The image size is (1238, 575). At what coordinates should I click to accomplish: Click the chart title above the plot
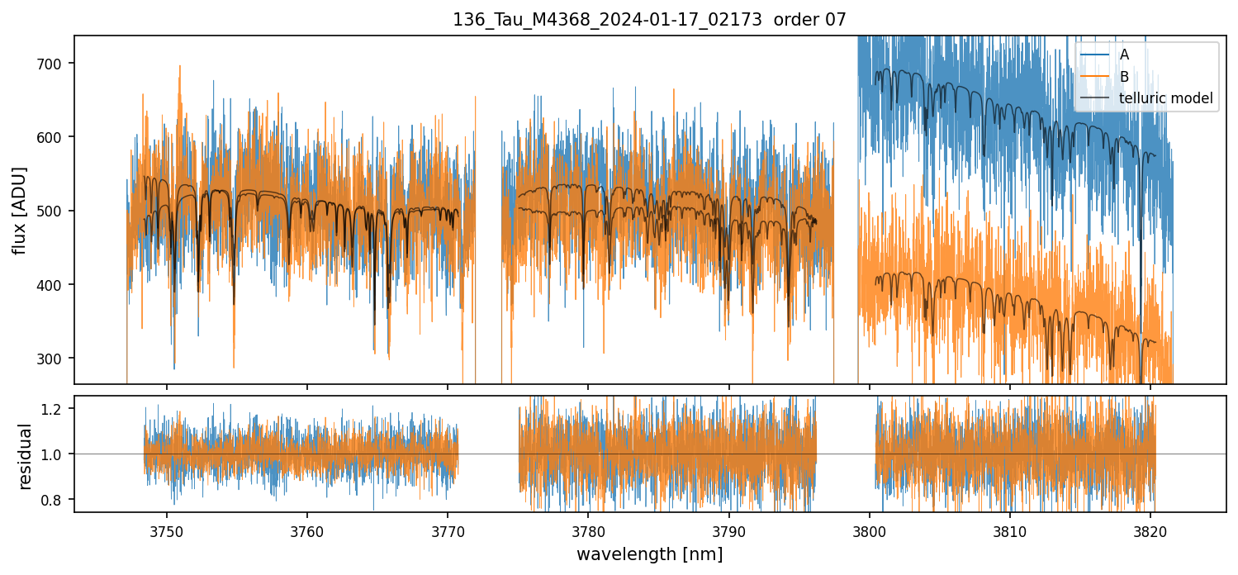pos(649,20)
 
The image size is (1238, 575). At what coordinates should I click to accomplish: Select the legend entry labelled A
pos(1124,55)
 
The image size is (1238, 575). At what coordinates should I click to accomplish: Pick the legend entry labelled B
pos(1124,77)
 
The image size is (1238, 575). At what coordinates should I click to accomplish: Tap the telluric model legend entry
pos(1165,99)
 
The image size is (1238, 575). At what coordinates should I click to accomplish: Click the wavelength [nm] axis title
pos(649,554)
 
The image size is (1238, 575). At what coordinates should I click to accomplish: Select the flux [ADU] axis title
pos(19,210)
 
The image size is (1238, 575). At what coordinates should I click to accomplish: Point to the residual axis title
pos(26,456)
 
